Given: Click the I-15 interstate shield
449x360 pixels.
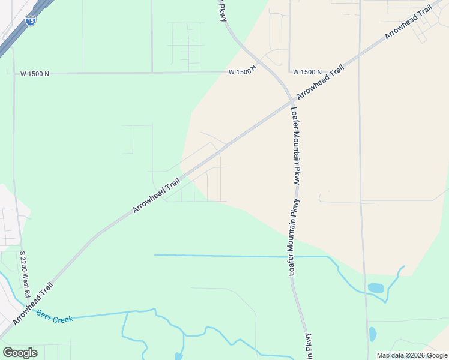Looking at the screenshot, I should coord(30,21).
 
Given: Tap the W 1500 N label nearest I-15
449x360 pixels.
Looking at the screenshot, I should coord(34,74).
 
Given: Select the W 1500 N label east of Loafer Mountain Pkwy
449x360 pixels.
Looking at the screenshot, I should coord(307,71).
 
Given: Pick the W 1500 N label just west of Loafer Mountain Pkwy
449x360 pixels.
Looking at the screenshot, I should coord(243,71).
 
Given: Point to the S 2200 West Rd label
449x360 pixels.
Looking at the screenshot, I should coord(24,275).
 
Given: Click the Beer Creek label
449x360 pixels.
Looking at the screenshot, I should coord(55,316).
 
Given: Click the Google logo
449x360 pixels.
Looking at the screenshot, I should coord(20,353).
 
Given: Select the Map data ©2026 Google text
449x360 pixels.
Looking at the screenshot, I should coord(412,355).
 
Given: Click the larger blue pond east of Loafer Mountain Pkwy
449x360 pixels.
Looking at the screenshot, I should coord(375,288).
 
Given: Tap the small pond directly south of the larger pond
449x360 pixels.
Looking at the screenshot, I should coord(373,334).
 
